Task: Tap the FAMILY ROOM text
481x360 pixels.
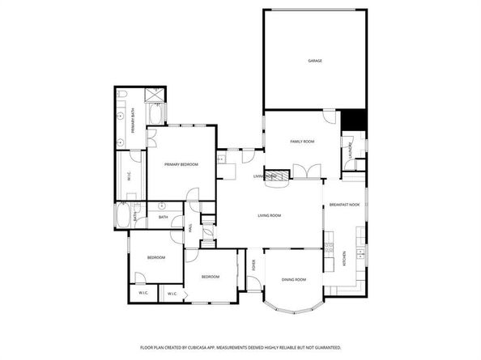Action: coord(302,142)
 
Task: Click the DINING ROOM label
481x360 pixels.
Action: coord(294,279)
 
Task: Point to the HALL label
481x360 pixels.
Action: coord(191,228)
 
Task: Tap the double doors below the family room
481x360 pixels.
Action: coord(306,171)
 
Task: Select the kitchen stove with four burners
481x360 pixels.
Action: coord(330,248)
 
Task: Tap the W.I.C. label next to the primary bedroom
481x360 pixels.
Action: coord(129,176)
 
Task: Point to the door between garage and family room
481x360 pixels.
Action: coord(328,116)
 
